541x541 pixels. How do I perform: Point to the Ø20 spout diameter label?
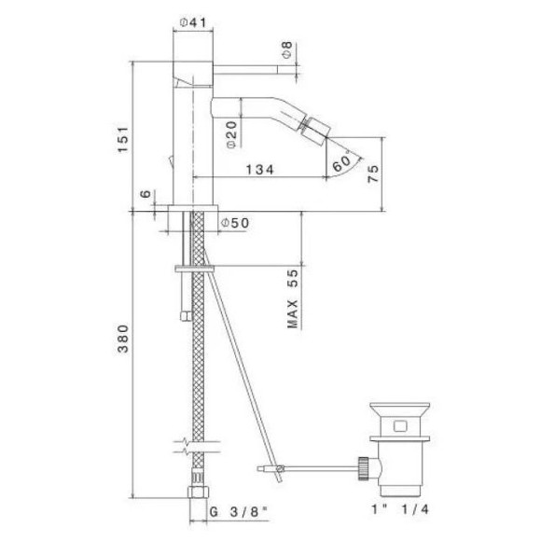[x=229, y=139]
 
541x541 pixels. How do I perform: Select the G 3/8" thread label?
[x=230, y=512]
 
